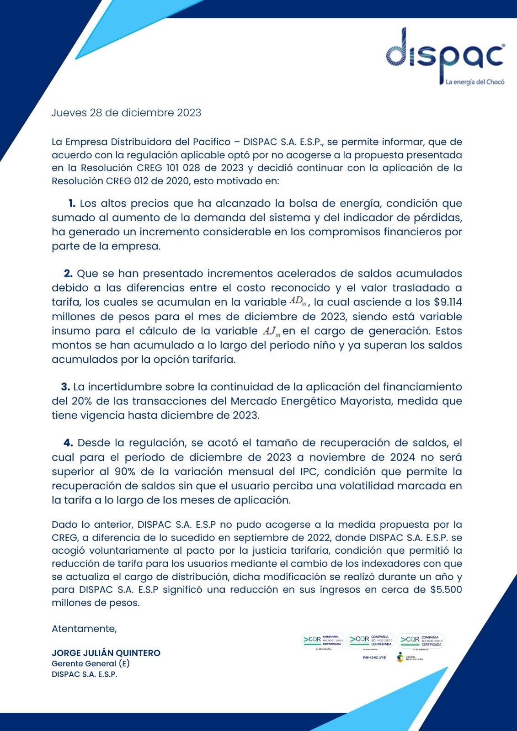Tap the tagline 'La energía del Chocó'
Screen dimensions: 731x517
[475, 82]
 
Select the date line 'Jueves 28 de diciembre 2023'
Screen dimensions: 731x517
[126, 113]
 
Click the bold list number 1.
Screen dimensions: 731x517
[72, 203]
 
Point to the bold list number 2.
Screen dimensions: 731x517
[68, 274]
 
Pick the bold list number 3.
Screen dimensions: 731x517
[65, 387]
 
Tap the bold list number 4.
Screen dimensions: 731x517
[68, 443]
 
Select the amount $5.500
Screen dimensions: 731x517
[446, 589]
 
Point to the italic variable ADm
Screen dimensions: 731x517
[298, 302]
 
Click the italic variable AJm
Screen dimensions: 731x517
[272, 331]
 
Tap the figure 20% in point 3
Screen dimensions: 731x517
[82, 401]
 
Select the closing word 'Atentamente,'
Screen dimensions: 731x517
[84, 629]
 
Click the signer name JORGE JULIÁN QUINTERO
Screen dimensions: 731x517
[106, 653]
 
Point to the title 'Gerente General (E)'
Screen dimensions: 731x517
[91, 663]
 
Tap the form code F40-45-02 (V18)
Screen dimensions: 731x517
[374, 658]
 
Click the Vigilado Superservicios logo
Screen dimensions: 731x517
[410, 657]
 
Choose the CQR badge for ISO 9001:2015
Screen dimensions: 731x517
[324, 640]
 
